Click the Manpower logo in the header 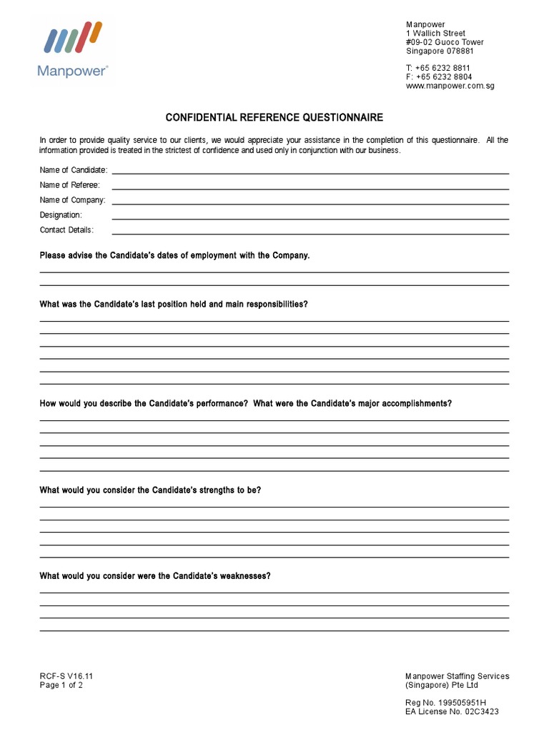point(74,48)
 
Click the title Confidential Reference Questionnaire point(274,117)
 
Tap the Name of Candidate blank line point(310,172)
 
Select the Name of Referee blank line point(310,188)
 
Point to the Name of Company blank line point(310,203)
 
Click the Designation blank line point(310,218)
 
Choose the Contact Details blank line point(310,233)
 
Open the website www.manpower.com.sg point(450,86)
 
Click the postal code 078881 point(458,51)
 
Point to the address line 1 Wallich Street point(435,34)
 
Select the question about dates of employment point(174,255)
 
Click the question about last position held point(174,304)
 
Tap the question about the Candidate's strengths point(150,490)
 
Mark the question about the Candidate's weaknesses point(155,575)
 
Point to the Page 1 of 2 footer point(61,685)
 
